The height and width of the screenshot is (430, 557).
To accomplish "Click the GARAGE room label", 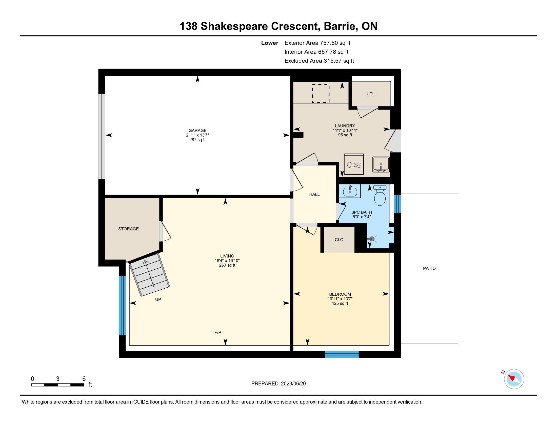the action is point(197,131).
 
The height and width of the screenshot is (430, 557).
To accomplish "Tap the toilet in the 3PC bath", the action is point(380,195).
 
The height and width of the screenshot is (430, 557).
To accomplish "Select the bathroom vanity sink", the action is point(350,191).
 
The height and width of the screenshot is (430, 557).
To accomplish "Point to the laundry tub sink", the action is point(381,165).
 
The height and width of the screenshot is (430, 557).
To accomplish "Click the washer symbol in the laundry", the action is point(354,164).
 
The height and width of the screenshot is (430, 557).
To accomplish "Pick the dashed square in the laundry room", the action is point(321,94).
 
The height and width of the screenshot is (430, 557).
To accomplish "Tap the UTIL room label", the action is point(371,94).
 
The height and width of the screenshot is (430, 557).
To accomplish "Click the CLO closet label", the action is point(339,240).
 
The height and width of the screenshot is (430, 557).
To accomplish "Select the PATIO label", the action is point(429,268).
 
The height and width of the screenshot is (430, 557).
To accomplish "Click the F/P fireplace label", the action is point(217,332).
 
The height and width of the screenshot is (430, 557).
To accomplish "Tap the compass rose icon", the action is point(514,379).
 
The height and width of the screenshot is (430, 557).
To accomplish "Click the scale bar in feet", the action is point(58,385).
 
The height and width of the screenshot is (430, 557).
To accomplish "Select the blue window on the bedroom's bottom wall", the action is point(342,354).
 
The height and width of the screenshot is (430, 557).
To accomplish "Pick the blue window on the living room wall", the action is point(123,306).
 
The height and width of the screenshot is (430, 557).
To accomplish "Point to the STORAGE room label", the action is point(128,229).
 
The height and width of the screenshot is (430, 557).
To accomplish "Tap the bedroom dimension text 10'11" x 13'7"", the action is point(340,299).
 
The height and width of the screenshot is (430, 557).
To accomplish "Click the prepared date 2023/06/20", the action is point(293,384).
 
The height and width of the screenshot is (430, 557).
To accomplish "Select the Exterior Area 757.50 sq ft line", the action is point(317,43).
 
